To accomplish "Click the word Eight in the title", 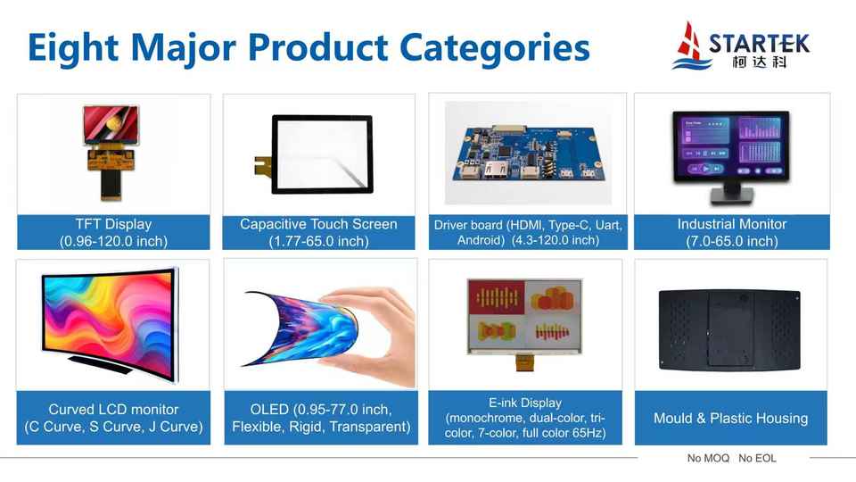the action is point(73,48).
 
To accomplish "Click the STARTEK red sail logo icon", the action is point(690,45).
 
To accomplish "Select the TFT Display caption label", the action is point(113,232).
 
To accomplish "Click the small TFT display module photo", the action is point(111,152).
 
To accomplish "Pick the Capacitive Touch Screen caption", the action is point(319,232).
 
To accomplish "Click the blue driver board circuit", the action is point(528,154).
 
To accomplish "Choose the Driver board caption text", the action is point(528,232).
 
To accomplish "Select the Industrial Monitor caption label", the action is point(731,232).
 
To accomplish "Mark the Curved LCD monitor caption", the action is point(113,418).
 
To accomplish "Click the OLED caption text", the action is point(321,418).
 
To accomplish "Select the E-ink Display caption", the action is point(524,418).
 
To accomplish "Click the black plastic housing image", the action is point(729,329).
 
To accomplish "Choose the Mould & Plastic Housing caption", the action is point(730,418).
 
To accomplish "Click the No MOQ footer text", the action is point(708,458).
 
